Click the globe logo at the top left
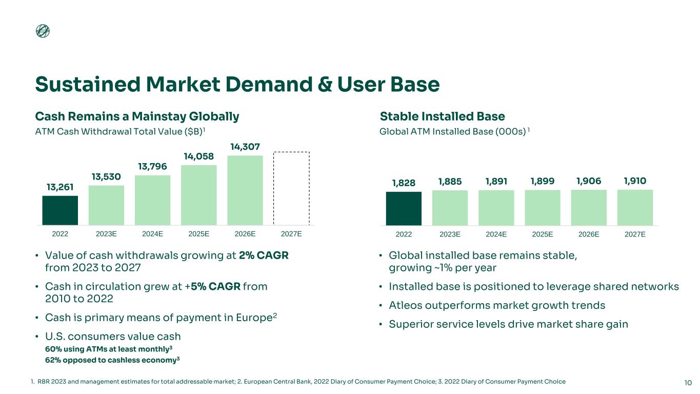tap(43, 31)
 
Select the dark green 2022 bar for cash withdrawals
tap(60, 210)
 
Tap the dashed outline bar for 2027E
tap(291, 188)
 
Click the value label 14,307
tap(245, 147)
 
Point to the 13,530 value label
tap(106, 177)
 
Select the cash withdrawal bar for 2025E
tap(199, 195)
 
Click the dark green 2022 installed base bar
tap(404, 208)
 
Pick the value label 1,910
tap(635, 181)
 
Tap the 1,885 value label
tap(450, 182)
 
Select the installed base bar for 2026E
tap(589, 207)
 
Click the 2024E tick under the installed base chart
tap(496, 234)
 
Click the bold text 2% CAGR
tap(264, 255)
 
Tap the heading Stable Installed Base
tap(442, 116)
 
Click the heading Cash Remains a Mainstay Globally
tap(137, 116)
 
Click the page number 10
tap(688, 382)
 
